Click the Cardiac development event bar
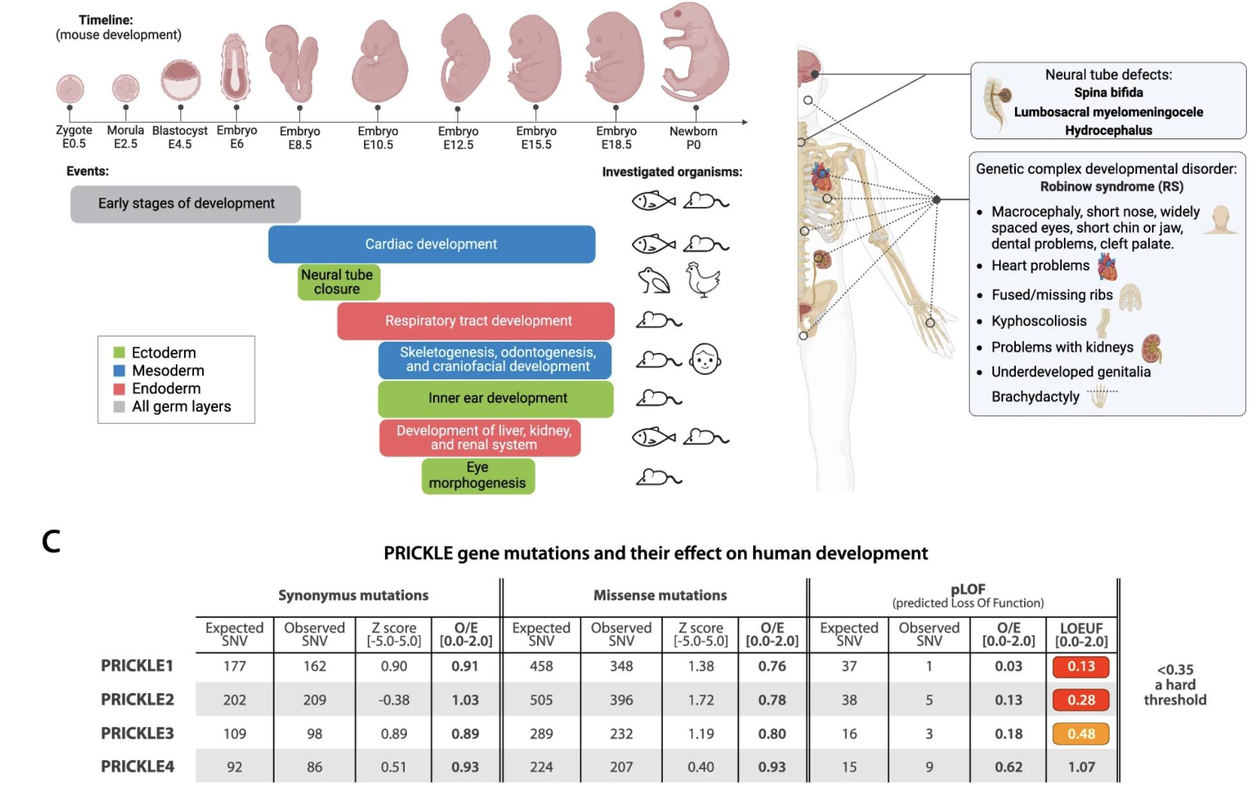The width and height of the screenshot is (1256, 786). pos(432,244)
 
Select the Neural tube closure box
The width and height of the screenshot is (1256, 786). pos(339,282)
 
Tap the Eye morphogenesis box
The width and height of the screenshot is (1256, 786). pos(478,475)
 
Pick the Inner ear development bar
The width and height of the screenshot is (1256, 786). pos(496,398)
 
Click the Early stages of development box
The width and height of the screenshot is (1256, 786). pos(186,204)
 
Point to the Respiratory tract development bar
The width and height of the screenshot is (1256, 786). pos(476,321)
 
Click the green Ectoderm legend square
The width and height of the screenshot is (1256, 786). pos(119,352)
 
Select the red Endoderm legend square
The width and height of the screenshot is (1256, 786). pos(119,388)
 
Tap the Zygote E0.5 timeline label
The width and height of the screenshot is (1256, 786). pos(73,137)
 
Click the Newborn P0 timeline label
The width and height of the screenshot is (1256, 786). pos(693,138)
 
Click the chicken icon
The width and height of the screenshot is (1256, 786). pos(703,280)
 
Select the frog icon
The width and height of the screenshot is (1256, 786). pos(653,282)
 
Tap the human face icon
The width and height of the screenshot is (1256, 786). pos(705,359)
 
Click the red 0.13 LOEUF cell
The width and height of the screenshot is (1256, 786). pos(1081,666)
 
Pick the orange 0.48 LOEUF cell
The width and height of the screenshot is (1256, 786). pos(1081,733)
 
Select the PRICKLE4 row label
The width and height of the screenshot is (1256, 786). pos(137,767)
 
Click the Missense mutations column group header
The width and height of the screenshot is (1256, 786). pos(660,595)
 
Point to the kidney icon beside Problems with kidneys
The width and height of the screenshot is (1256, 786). pos(1151,348)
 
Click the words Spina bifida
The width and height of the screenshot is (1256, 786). pos(1108,93)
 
